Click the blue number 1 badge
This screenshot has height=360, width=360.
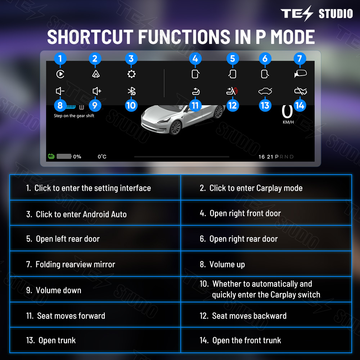pos(60,59)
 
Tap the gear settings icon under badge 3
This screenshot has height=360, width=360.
pos(131,74)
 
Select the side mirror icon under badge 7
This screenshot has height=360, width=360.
pos(300,74)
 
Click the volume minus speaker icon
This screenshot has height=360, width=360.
pos(60,91)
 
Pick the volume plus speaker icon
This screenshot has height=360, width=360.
pos(96,91)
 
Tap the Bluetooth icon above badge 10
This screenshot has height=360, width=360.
pos(131,91)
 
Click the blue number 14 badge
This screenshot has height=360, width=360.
pos(300,105)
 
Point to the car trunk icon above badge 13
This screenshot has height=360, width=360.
pos(265,91)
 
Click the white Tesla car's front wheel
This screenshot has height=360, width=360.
pos(175,127)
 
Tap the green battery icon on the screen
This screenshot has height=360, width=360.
pos(51,156)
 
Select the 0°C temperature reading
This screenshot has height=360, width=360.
pos(102,157)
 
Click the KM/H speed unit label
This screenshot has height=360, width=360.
pos(288,122)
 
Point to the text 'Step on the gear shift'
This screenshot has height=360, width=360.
pos(74,116)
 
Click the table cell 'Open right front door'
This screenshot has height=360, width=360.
pos(266,213)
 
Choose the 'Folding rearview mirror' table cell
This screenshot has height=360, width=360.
pos(95,264)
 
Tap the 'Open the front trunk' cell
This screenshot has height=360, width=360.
pos(266,340)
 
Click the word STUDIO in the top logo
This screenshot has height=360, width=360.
pos(336,14)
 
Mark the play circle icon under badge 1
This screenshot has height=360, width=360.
pos(60,74)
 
